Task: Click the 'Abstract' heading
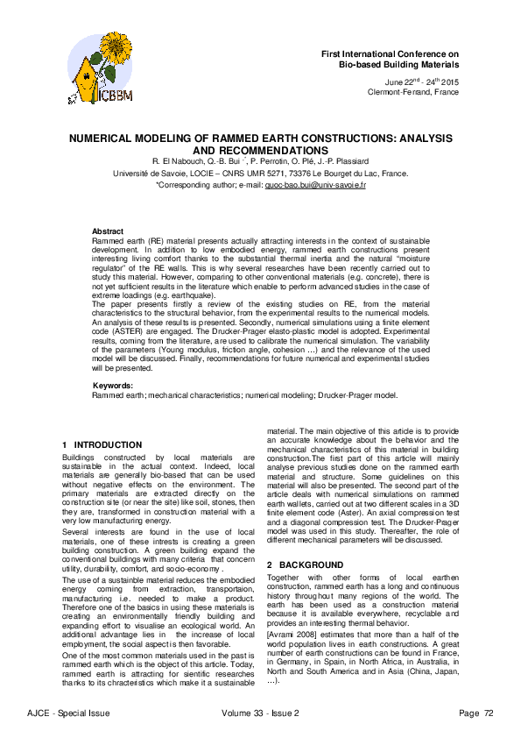tap(109, 231)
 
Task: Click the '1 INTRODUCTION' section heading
tap(102, 445)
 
